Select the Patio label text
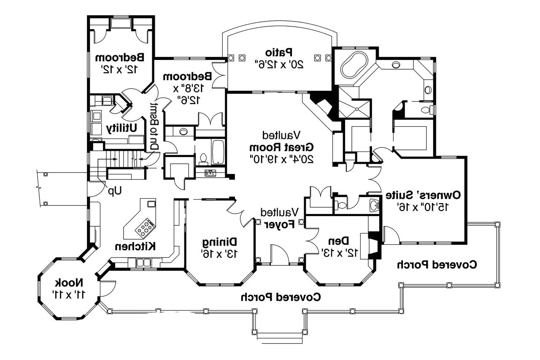click(279, 52)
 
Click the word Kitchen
click(136, 246)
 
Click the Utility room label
click(121, 128)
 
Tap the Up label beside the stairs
click(114, 191)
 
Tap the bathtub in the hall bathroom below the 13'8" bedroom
click(218, 152)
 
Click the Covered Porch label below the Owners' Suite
click(437, 265)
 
